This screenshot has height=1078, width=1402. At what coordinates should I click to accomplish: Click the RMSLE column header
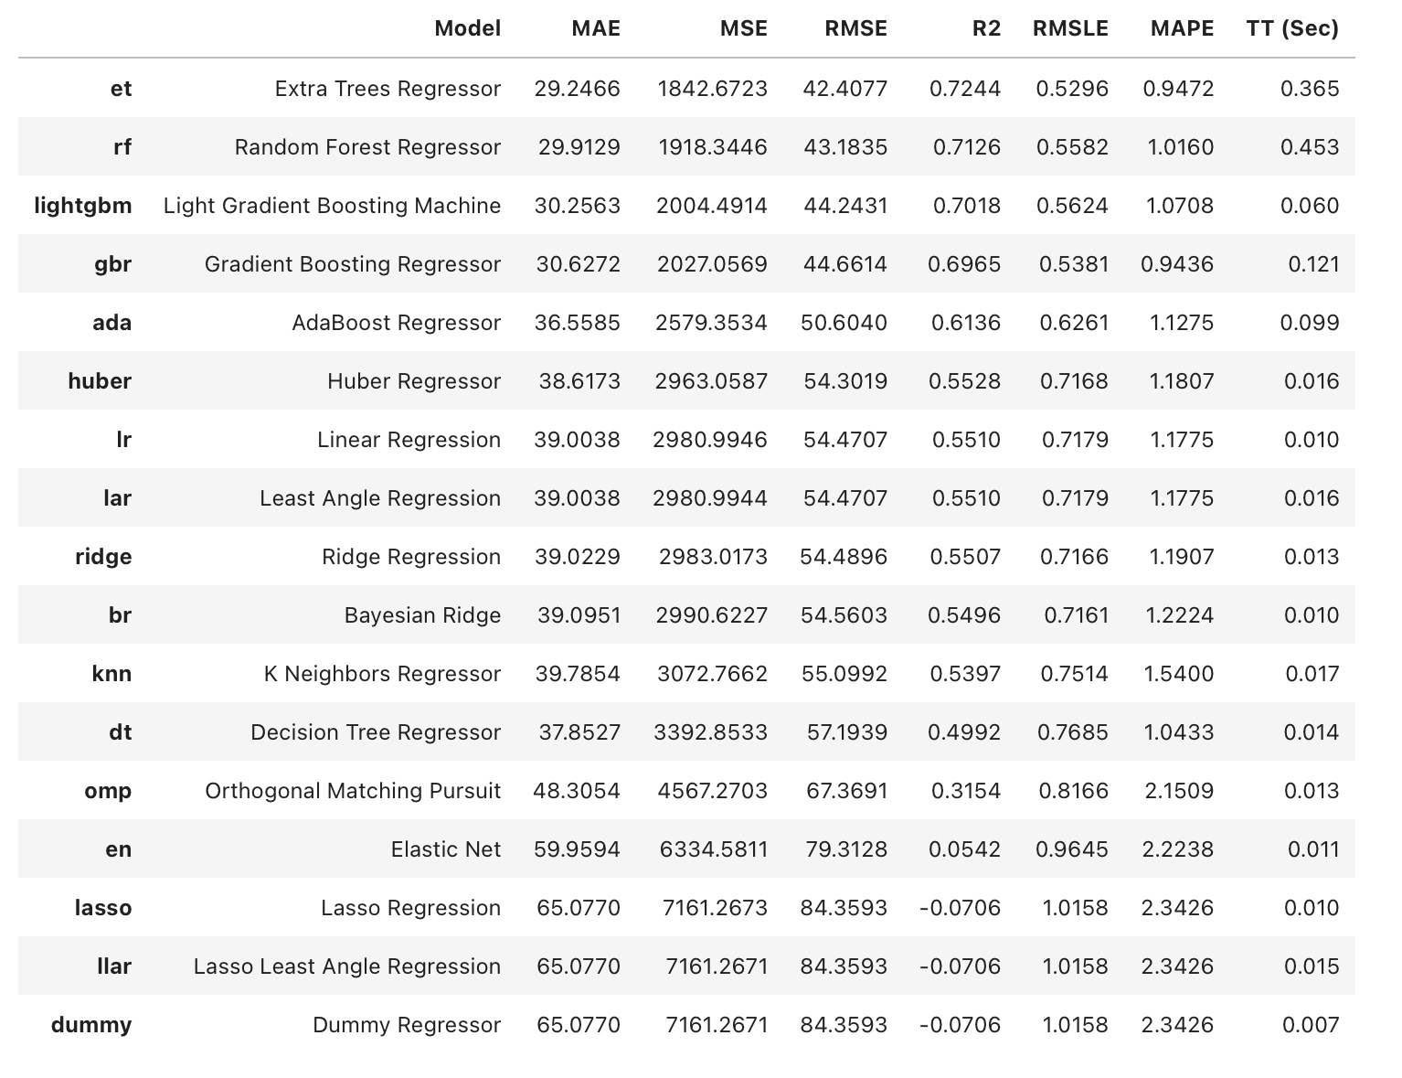pos(1070,28)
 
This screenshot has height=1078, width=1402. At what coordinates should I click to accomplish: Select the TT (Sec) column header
pos(1292,28)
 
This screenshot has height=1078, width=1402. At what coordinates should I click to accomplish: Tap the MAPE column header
pos(1182,28)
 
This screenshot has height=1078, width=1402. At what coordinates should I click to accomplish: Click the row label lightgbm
pos(83,206)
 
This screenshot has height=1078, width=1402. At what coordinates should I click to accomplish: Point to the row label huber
pos(100,381)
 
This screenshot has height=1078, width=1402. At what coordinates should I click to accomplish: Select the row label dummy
pos(91,1025)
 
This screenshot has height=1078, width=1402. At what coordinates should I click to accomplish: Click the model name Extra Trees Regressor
pos(388,89)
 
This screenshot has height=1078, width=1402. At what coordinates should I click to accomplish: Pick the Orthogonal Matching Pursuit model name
pos(353,791)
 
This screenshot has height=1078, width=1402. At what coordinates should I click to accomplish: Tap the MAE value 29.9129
pos(579,147)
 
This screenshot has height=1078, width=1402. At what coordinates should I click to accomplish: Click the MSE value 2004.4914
pos(712,206)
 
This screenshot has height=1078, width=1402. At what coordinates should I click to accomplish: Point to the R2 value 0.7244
pos(965,89)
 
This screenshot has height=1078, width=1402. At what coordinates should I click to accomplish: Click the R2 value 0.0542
pos(965,849)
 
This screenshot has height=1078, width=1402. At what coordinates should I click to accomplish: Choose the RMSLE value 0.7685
pos(1074,732)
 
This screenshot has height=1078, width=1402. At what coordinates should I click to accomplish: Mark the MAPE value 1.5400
pos(1180,674)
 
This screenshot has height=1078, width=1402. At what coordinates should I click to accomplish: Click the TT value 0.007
pos(1311,1025)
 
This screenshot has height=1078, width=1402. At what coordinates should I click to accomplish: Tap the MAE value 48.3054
pos(577,791)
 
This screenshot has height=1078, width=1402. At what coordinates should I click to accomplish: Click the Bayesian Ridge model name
pos(422,615)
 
